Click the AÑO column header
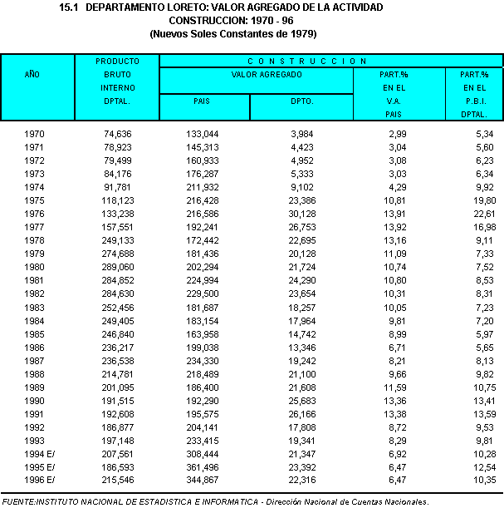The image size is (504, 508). pos(32,74)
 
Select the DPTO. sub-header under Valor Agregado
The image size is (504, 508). pos(302,101)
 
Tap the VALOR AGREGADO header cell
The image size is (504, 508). pos(255,74)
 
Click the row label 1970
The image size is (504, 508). pos(34,134)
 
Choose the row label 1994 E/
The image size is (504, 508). pos(39,453)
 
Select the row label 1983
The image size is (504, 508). pos(34,307)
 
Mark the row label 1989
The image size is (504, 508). pos(34,387)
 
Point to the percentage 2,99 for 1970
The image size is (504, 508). pos(395,134)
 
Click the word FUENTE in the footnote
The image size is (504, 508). pos(19,501)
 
